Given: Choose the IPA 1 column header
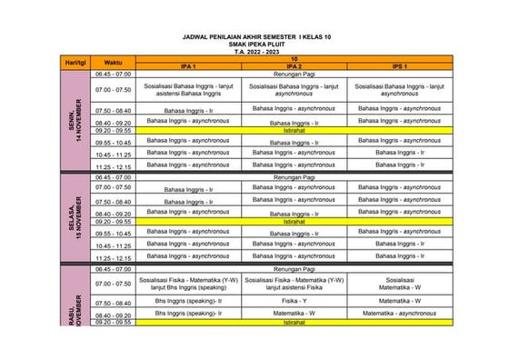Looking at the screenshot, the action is tap(188, 67).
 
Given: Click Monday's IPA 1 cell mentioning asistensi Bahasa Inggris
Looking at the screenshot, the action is tap(188, 90).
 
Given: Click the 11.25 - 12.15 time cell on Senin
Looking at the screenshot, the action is tap(113, 166).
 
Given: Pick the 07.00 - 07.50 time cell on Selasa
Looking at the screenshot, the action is tap(113, 187).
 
